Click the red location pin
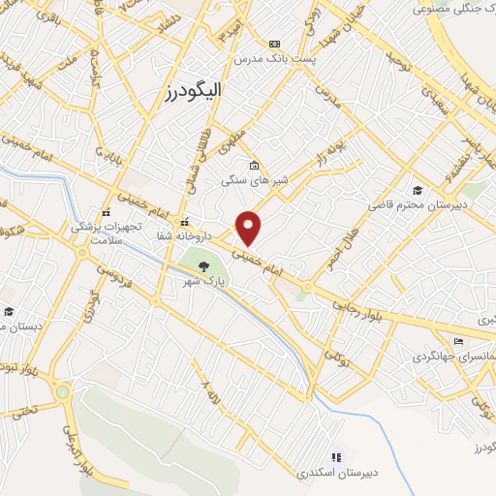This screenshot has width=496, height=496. click(x=250, y=227)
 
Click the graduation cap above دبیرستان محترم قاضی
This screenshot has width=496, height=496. click(x=417, y=190)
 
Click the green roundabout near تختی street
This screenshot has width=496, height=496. click(x=64, y=392)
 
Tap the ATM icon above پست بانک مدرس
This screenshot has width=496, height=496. click(x=275, y=44)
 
